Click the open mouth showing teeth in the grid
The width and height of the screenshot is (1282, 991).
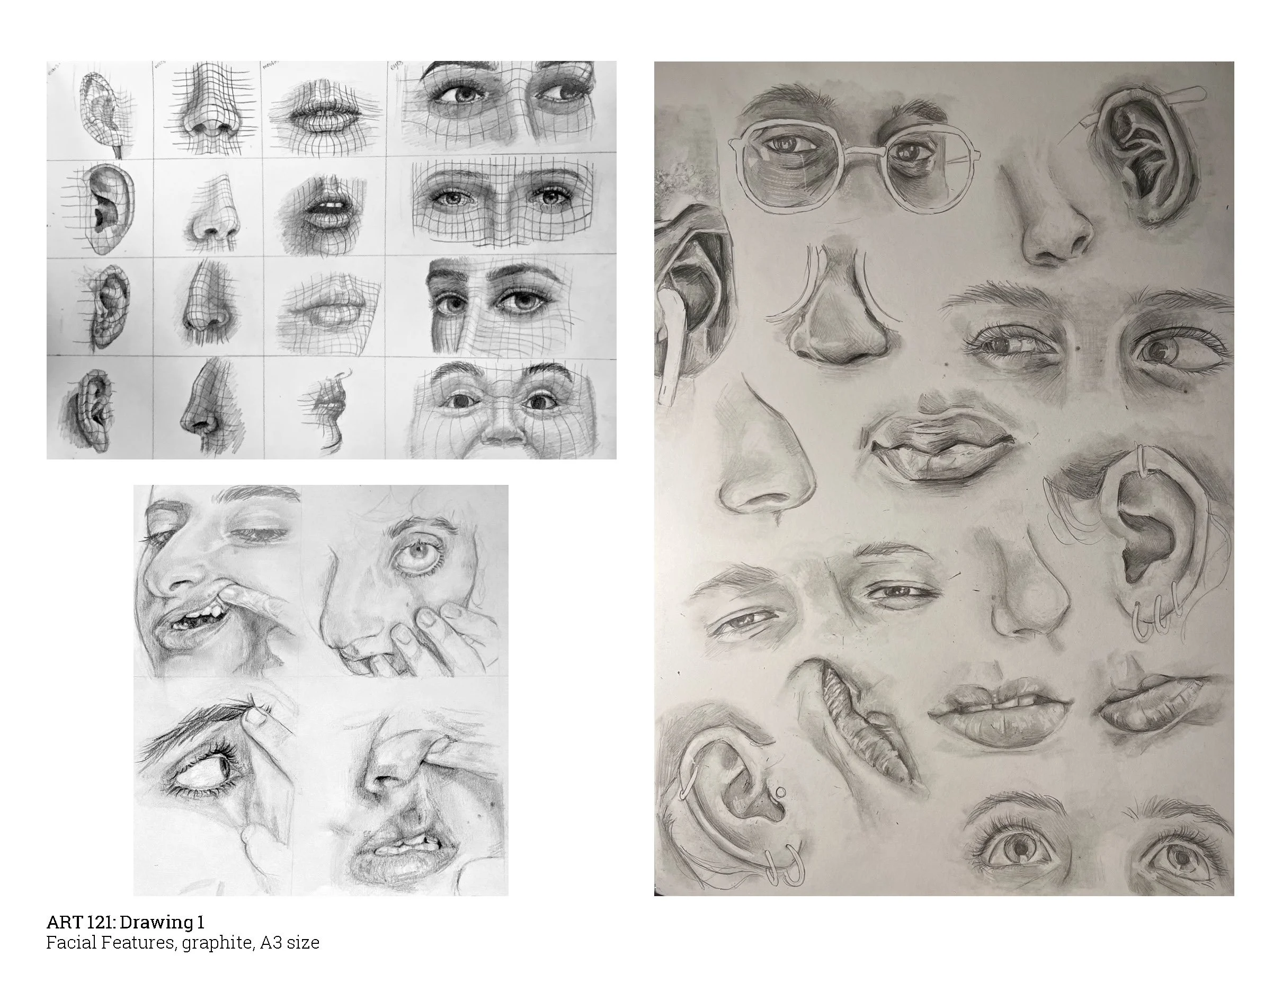tap(326, 208)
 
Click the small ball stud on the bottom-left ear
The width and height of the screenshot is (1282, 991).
tap(780, 792)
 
